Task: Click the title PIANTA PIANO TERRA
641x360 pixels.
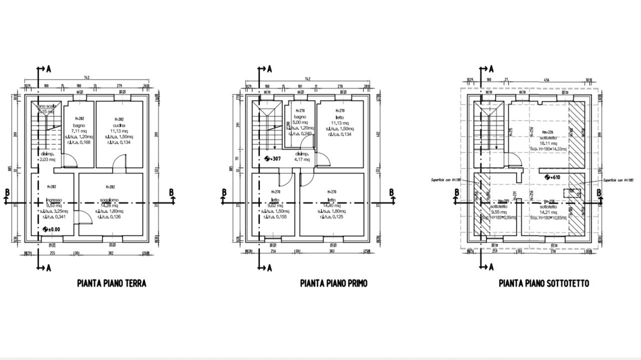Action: tap(112, 283)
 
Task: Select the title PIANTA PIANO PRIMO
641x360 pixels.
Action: tap(334, 283)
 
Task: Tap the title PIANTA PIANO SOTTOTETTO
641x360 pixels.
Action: tap(544, 283)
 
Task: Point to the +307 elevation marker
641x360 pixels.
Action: tap(274, 159)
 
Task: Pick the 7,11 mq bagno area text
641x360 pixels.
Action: tap(80, 131)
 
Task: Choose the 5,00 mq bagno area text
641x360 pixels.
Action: tap(300, 122)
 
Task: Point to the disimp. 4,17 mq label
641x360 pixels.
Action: tap(302, 157)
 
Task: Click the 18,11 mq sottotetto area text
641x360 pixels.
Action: tap(546, 143)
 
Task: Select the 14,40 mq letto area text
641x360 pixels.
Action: tap(331, 205)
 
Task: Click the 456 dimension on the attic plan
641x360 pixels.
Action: tap(546, 80)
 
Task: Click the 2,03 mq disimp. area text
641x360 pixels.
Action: tap(47, 160)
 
